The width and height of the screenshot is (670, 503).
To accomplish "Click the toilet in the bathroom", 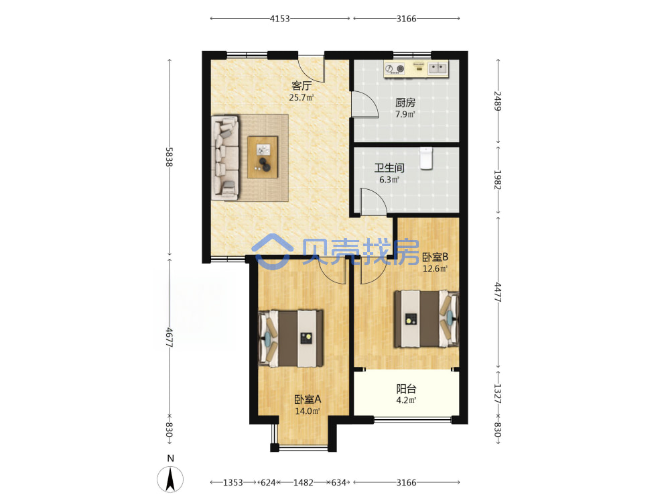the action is tap(426, 158).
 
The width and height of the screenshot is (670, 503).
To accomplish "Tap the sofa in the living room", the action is tap(225, 158).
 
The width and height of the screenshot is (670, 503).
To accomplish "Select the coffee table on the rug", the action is tap(263, 157).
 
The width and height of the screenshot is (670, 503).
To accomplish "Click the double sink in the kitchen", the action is tap(438, 68).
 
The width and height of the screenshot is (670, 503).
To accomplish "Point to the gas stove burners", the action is tap(395, 68).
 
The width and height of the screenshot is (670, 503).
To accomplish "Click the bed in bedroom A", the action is tap(291, 338).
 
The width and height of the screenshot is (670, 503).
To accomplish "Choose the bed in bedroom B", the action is tap(426, 319).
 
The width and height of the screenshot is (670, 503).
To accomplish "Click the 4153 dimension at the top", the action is tap(280, 18).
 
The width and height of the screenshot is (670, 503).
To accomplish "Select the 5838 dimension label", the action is tap(170, 157).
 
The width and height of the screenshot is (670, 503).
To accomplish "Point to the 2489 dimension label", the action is tap(498, 101).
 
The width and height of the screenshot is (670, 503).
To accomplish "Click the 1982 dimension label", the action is tap(498, 180).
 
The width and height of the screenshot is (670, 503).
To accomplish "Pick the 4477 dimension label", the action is tap(498, 292).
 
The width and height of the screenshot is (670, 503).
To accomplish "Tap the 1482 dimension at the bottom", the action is tap(304, 482).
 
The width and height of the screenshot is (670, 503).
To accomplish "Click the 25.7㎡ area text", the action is tap(301, 97).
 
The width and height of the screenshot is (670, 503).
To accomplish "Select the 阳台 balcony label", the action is tap(406, 389).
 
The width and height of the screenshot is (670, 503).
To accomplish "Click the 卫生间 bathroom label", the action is tap(389, 168).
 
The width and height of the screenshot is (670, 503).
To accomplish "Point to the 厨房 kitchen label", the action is tap(405, 103).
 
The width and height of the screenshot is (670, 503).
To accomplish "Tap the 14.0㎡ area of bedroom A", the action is tap(308, 411).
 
